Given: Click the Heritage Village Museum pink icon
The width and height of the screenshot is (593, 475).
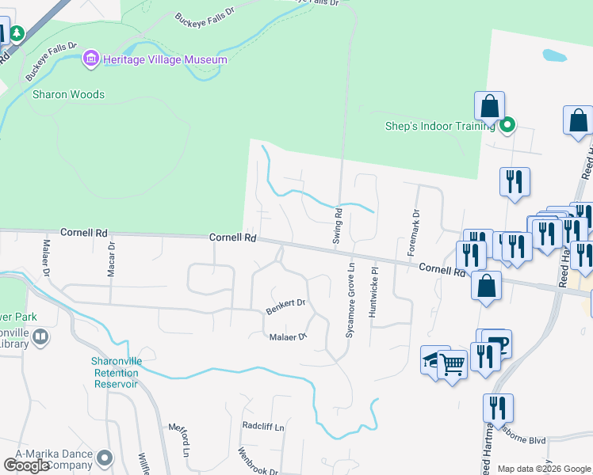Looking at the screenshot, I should click(91, 59).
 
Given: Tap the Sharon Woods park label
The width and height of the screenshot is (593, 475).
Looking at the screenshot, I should click(68, 94).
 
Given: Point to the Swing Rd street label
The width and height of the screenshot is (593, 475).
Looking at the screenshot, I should click(337, 225).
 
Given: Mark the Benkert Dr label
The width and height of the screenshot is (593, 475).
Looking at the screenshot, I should click(285, 306).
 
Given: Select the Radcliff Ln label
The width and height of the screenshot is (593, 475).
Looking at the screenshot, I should click(262, 426).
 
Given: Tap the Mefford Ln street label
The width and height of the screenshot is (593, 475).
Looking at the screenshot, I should click(179, 440).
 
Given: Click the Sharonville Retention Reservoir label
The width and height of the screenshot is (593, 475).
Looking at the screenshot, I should click(115, 372).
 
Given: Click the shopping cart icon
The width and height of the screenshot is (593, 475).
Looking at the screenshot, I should click(452, 365).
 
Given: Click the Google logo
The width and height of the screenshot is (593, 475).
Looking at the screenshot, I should click(28, 465).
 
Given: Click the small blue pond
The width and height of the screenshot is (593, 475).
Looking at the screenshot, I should click(554, 56).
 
